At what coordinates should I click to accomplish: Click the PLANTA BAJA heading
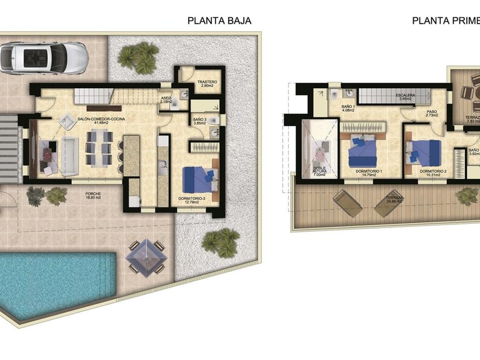[219, 20]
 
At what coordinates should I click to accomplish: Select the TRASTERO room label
[206, 83]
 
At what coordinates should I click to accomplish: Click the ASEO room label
[166, 100]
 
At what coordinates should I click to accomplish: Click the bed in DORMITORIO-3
[198, 179]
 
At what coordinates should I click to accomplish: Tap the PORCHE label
[93, 196]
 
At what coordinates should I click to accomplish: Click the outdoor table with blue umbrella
[147, 256]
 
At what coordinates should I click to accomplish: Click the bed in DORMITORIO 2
[425, 151]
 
